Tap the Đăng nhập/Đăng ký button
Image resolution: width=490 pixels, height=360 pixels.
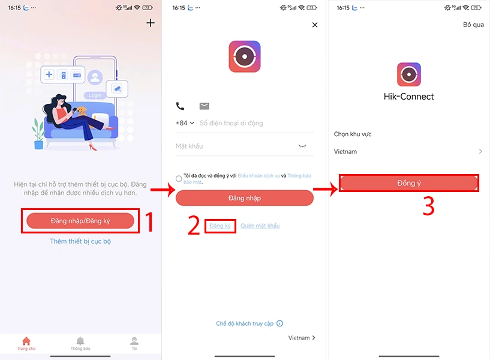point(80,221)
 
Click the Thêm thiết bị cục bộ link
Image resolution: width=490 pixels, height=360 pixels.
point(80,241)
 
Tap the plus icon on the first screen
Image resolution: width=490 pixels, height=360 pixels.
point(151,23)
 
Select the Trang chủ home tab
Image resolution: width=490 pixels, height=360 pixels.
point(26,343)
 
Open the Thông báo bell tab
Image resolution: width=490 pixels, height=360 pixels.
point(80,343)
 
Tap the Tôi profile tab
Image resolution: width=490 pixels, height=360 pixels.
point(134,343)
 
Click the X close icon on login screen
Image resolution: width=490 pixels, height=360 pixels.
point(315,25)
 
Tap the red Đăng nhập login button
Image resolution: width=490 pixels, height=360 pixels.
point(244,198)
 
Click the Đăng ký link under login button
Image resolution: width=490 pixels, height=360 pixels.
point(220,226)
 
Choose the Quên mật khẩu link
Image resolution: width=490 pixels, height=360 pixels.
point(260,226)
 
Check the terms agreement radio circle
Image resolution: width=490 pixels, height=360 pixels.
point(179,178)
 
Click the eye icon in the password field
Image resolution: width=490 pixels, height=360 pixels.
point(302,146)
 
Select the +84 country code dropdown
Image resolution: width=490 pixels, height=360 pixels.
point(185,123)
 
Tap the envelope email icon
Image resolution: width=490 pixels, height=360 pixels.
point(205,106)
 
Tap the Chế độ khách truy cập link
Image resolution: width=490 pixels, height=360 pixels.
point(245,323)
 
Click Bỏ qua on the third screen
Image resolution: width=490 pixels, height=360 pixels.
point(473,25)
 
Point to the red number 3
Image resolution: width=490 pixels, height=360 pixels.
point(428,206)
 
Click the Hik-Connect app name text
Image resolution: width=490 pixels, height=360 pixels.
point(408,97)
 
